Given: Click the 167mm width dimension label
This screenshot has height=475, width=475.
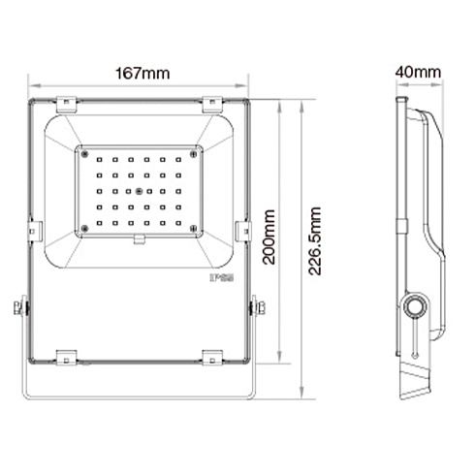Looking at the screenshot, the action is (x=142, y=74).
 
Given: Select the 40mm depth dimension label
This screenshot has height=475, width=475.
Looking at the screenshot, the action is (x=418, y=72).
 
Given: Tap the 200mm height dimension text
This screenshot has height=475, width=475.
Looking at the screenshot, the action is (x=269, y=237).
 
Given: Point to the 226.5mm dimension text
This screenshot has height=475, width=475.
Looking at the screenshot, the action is (x=314, y=241).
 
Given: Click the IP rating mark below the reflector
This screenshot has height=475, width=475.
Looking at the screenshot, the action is (x=222, y=277).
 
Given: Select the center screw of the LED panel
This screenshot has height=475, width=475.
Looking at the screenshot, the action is (x=139, y=191).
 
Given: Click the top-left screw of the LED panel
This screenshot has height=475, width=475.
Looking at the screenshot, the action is (x=85, y=154).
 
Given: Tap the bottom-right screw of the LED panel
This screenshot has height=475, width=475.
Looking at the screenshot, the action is (x=194, y=229).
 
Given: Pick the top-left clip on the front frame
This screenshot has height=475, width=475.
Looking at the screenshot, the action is (x=66, y=104).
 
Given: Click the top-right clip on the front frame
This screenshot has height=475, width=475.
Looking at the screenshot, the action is (x=212, y=104).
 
